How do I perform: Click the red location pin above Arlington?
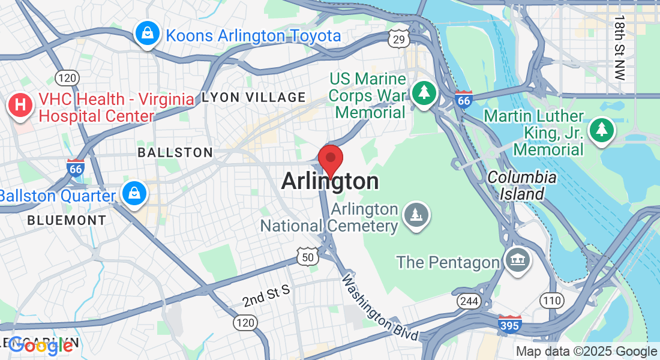pos(330,158)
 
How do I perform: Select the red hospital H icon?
pos(20,106)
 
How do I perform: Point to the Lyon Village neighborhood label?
pos(254,97)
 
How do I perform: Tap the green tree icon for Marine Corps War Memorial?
pos(424,92)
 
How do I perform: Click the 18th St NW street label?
pos(619,48)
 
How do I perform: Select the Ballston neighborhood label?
pos(175,152)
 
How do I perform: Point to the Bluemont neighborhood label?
pos(67,220)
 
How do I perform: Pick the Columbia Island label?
pos(521,185)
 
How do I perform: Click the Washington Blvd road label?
pos(379,308)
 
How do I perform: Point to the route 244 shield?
pos(468,301)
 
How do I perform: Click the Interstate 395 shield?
pos(509,325)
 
